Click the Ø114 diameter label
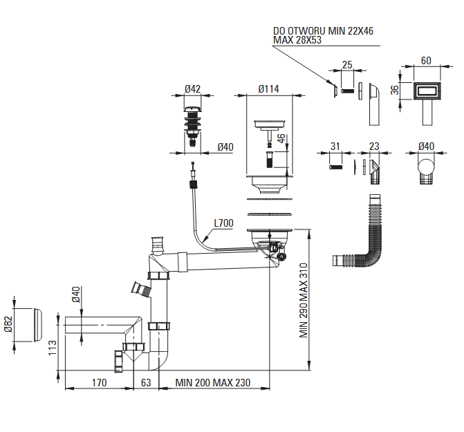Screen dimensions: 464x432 pyautogui.click(x=268, y=88)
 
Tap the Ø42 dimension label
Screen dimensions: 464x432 pyautogui.click(x=192, y=88)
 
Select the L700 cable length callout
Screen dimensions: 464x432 pyautogui.click(x=224, y=223)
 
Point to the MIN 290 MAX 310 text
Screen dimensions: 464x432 pyautogui.click(x=304, y=300)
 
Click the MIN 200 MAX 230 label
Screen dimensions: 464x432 pyautogui.click(x=213, y=383)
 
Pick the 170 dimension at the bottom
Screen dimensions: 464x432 pyautogui.click(x=99, y=383)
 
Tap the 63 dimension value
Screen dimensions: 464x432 pyautogui.click(x=146, y=383)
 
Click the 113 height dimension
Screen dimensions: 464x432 pyautogui.click(x=53, y=348)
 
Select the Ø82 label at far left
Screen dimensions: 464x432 pyautogui.click(x=8, y=324)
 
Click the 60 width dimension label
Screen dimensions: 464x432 pyautogui.click(x=426, y=61)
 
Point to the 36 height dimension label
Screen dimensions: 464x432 pyautogui.click(x=395, y=90)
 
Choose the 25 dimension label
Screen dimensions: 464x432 pyautogui.click(x=347, y=65)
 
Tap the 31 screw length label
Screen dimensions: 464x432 pyautogui.click(x=335, y=146)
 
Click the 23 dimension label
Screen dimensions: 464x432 pyautogui.click(x=374, y=146)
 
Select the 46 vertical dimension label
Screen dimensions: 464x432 pyautogui.click(x=281, y=138)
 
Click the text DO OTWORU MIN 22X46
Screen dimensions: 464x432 pyautogui.click(x=323, y=30)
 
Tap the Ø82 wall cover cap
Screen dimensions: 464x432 pyautogui.click(x=37, y=326)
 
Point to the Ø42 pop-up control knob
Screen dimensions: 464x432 pyautogui.click(x=192, y=126)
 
